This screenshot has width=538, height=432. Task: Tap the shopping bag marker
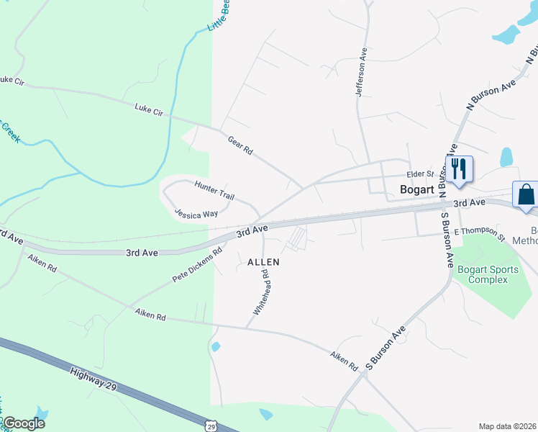[x=525, y=194]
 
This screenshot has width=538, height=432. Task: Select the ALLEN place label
[x=263, y=263]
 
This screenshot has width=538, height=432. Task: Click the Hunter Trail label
[x=215, y=192]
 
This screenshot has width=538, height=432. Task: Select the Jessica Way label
[x=196, y=214]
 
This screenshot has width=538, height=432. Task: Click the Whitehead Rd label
[x=260, y=292]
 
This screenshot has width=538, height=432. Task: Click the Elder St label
[x=420, y=174]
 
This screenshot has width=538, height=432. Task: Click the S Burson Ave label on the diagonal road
[x=386, y=347]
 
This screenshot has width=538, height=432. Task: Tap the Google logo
[x=24, y=423]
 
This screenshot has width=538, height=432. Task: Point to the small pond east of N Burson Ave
[x=506, y=156]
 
